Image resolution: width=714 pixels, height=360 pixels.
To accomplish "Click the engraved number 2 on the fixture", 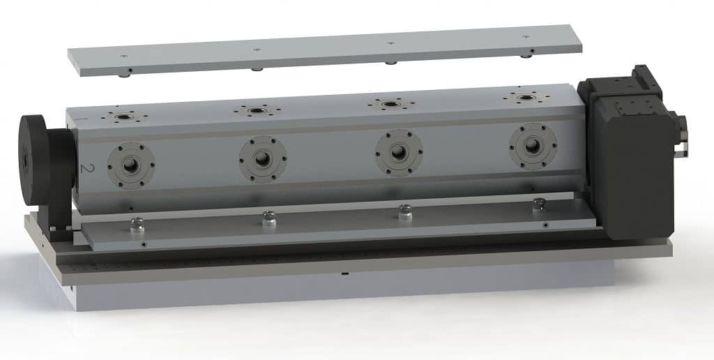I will click(87, 168).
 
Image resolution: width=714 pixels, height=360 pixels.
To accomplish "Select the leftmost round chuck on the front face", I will click(131, 165).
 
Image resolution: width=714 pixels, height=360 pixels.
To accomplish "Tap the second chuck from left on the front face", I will click(262, 158).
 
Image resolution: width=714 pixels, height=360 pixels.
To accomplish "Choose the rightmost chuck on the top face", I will click(524, 96).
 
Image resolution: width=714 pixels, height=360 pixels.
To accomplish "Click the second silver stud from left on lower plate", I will click(269, 218).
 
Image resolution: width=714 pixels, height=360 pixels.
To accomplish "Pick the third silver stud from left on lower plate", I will click(404, 211).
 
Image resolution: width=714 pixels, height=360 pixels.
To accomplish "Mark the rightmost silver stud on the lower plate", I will click(538, 205).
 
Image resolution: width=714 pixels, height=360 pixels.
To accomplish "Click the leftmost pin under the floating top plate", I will click(130, 72).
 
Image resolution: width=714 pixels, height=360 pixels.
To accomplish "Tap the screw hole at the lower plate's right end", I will click(545, 225).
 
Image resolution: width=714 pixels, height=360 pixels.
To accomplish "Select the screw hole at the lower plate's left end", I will click(143, 244).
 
